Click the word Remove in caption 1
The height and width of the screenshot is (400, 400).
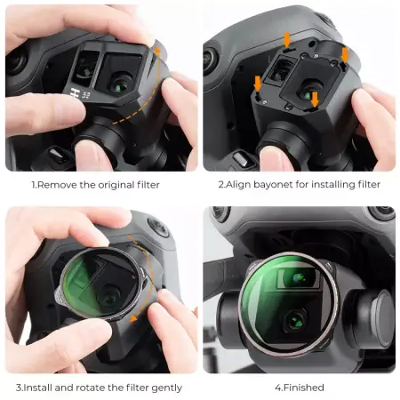click(57, 185)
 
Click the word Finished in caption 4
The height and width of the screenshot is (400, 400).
click(304, 388)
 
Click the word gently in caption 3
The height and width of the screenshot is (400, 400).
click(166, 388)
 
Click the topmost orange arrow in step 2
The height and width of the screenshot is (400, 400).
click(287, 40)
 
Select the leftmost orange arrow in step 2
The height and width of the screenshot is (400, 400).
click(258, 84)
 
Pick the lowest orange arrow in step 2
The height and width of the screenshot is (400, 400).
click(315, 99)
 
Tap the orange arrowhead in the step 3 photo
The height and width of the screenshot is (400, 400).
click(133, 318)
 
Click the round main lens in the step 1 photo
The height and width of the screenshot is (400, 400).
click(121, 84)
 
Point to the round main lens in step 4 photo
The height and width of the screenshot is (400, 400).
click(295, 322)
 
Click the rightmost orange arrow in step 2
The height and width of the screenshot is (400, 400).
click(345, 55)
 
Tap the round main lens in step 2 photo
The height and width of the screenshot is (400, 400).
click(308, 92)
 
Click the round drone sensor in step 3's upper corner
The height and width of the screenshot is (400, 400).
click(158, 226)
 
